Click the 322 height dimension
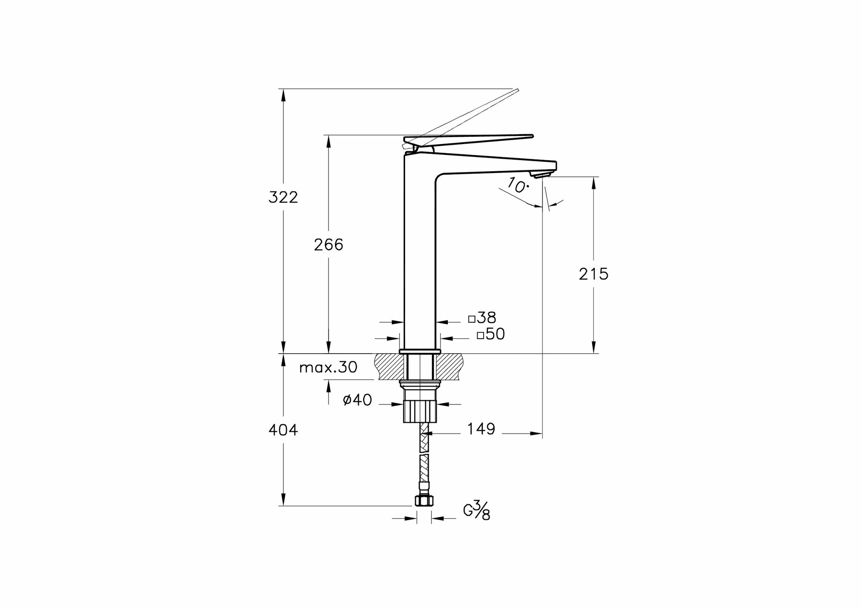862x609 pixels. click(x=283, y=198)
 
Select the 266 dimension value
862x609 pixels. click(x=328, y=245)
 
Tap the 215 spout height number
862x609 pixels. click(x=593, y=274)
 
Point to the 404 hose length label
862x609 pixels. click(x=283, y=430)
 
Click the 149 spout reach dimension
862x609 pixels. click(x=481, y=429)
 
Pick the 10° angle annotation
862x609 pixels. click(x=518, y=185)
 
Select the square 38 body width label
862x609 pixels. click(x=482, y=318)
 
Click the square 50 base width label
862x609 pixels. click(x=491, y=334)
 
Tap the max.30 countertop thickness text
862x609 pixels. click(x=328, y=367)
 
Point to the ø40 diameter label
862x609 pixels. click(x=357, y=400)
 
